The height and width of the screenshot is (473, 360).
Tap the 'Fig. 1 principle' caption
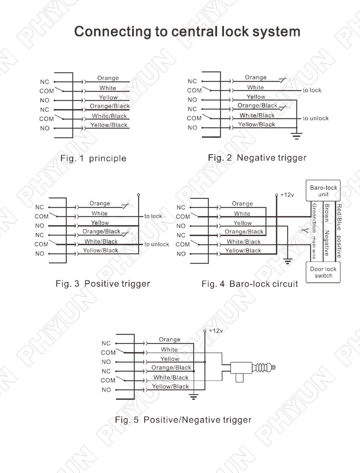[93, 158]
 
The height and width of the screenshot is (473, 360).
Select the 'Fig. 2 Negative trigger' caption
[257, 158]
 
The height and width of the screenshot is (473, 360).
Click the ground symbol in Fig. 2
[296, 136]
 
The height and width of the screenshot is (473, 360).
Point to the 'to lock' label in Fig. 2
[312, 90]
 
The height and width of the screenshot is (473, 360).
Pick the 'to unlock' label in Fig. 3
[157, 245]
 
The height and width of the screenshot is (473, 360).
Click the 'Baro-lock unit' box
[323, 190]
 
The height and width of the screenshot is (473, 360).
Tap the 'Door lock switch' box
[323, 272]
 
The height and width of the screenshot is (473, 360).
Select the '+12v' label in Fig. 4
[287, 195]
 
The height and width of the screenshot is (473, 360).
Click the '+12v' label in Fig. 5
[216, 331]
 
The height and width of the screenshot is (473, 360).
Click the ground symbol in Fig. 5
[194, 397]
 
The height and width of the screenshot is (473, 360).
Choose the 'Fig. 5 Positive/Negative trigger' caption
[183, 420]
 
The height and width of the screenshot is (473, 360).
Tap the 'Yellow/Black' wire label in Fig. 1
[108, 125]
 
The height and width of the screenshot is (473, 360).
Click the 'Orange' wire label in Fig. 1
[108, 78]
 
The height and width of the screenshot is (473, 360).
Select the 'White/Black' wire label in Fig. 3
[101, 241]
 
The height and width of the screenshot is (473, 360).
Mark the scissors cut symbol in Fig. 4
[302, 231]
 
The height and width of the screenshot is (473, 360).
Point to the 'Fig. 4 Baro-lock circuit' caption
[250, 284]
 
